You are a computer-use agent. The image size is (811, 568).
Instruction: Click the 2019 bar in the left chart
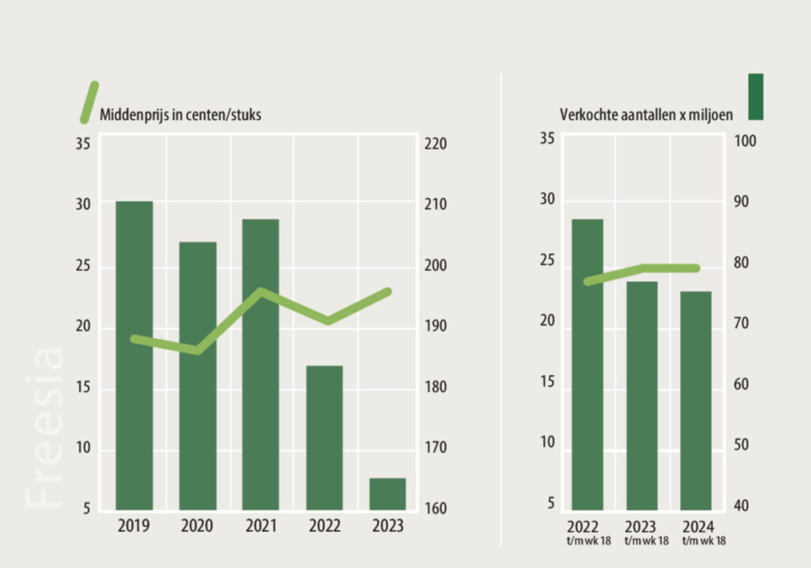[134, 356]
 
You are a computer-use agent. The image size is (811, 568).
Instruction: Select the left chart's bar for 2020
[197, 376]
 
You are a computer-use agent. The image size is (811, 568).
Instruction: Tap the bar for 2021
[261, 364]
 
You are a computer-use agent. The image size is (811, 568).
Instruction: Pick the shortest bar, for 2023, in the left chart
[387, 494]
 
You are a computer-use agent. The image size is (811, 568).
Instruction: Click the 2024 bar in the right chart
[695, 400]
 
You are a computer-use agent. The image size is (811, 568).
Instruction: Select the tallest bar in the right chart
[588, 364]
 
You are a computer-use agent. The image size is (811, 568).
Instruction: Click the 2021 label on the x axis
[261, 526]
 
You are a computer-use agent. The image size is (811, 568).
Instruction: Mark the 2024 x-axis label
[696, 526]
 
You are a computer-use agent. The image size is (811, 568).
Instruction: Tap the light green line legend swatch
[89, 103]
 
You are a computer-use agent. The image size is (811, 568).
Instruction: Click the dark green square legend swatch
[756, 97]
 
